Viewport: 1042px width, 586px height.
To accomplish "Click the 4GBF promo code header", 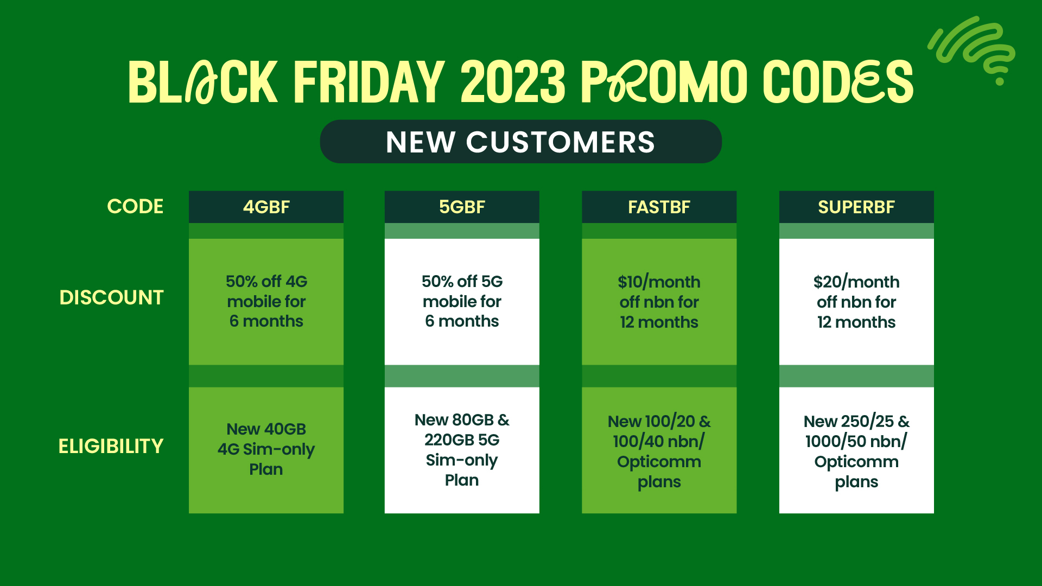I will [x=266, y=207].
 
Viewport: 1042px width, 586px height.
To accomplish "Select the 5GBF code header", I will [x=462, y=207].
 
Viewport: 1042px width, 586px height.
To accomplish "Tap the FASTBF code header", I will [x=659, y=207].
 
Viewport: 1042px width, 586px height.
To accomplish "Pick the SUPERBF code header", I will [x=856, y=207].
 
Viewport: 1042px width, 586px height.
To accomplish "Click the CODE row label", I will [x=135, y=206].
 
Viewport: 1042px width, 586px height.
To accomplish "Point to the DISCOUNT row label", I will [x=111, y=297].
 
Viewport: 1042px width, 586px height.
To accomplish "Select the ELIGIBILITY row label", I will [x=111, y=446].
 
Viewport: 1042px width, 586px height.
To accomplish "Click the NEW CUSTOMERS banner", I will [x=520, y=142].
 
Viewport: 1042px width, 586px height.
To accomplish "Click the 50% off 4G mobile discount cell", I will [x=266, y=301].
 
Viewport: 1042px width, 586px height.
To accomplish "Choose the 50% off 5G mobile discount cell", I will [x=462, y=301].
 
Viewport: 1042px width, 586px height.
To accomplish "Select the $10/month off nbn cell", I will [x=659, y=302].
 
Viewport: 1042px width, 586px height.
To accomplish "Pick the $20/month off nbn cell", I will [x=856, y=302].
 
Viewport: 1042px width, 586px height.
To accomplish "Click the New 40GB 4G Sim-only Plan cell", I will [x=266, y=449].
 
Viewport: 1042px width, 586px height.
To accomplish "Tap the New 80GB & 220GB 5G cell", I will [x=462, y=450].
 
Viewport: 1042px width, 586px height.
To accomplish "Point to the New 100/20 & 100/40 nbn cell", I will [x=659, y=451].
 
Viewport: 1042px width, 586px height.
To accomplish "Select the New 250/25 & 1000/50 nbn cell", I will [x=856, y=451].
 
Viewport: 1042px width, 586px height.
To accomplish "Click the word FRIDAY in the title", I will [x=369, y=82].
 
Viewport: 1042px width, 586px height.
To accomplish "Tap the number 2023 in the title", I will [x=513, y=82].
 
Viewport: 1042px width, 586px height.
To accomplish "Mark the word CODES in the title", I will [x=838, y=82].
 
